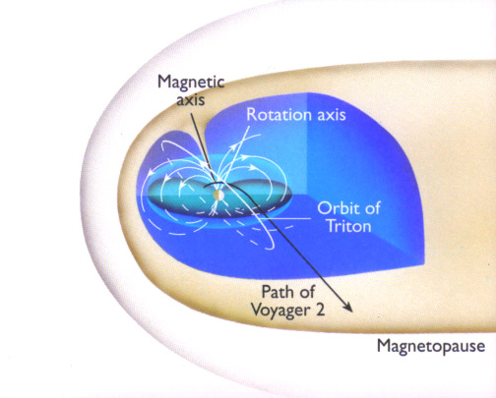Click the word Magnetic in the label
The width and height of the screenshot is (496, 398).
coord(191,83)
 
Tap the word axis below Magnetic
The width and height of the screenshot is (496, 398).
coord(191,100)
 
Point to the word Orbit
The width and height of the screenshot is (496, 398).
coord(339,208)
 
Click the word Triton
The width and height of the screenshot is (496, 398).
coord(349,226)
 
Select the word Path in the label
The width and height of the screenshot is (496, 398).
coord(278,292)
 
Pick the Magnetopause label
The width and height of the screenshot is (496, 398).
coord(431,347)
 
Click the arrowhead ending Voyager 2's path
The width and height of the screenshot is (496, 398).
coord(348,308)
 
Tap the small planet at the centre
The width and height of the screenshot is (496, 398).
coord(218,195)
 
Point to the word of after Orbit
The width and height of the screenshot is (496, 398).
coord(373,208)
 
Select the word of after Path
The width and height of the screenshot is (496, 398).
coord(307,292)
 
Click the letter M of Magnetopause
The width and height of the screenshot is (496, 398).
coord(384,345)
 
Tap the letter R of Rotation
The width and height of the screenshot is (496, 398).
coord(251,115)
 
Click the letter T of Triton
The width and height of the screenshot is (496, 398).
coord(333,226)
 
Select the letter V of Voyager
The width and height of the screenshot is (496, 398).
coord(257,310)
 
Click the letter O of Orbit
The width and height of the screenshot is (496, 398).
coord(324,208)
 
